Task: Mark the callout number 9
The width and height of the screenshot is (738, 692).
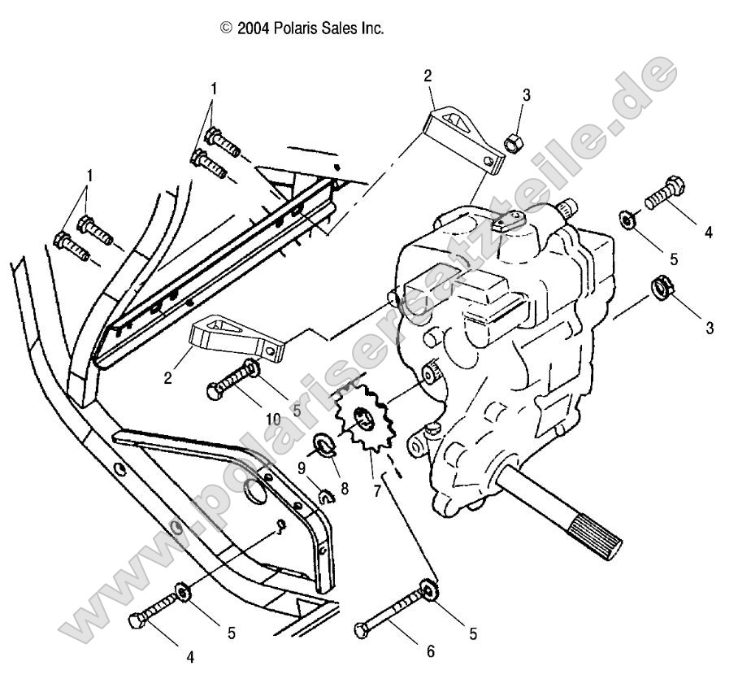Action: click(300, 468)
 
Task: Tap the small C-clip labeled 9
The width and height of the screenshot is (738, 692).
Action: click(324, 496)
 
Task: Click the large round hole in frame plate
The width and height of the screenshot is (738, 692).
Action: click(256, 493)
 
